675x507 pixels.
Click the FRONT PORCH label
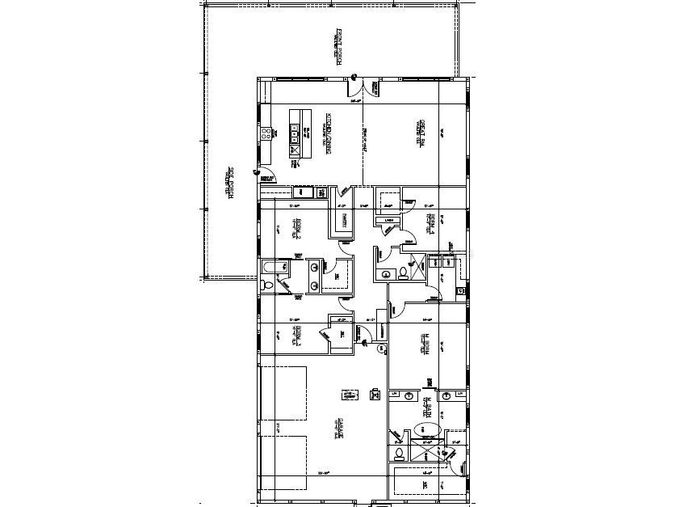(340, 48)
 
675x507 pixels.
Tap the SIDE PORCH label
(232, 183)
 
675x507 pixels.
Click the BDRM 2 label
(298, 230)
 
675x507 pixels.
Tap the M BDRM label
(424, 344)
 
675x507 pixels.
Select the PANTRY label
(344, 220)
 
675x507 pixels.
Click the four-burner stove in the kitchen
(265, 134)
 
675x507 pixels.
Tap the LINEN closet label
(388, 220)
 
